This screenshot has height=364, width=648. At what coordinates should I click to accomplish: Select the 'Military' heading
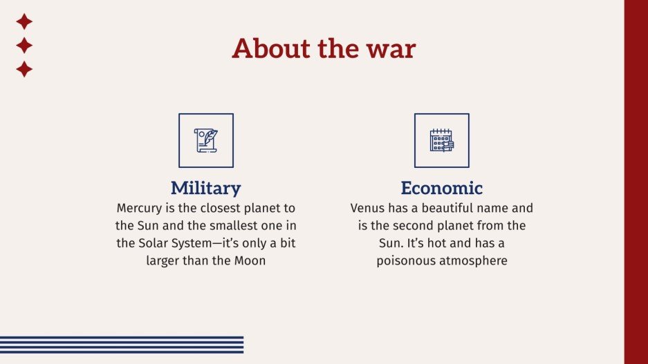[206, 188]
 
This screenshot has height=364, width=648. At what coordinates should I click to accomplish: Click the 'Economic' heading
[442, 188]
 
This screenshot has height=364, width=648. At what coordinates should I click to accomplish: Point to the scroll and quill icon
[206, 140]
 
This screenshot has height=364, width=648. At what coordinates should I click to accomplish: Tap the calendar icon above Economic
[442, 140]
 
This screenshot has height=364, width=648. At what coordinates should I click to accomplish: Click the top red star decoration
[24, 21]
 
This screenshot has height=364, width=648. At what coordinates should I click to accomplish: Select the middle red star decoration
[24, 46]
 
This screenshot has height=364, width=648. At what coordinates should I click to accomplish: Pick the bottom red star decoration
[24, 69]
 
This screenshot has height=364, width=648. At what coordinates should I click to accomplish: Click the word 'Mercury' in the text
[140, 208]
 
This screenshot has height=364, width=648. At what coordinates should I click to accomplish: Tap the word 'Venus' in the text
[368, 208]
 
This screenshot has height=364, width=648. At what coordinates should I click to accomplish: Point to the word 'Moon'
[249, 261]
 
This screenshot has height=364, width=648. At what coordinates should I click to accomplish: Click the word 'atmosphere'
[474, 261]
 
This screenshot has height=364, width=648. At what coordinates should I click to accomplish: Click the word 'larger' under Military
[165, 261]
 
